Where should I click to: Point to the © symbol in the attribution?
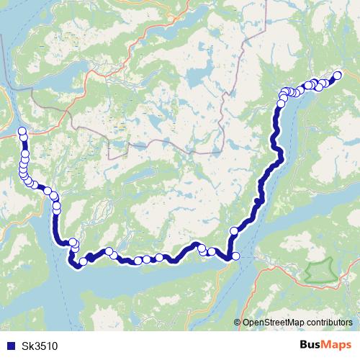pyautogui.click(x=238, y=323)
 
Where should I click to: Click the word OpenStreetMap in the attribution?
pyautogui.click(x=272, y=323)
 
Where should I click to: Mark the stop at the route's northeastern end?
pyautogui.click(x=338, y=75)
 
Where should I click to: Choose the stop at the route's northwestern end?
pyautogui.click(x=22, y=131)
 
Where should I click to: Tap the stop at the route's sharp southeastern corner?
pyautogui.click(x=234, y=256)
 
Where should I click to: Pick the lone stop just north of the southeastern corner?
pyautogui.click(x=233, y=230)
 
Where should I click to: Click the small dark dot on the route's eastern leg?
pyautogui.click(x=257, y=201)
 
